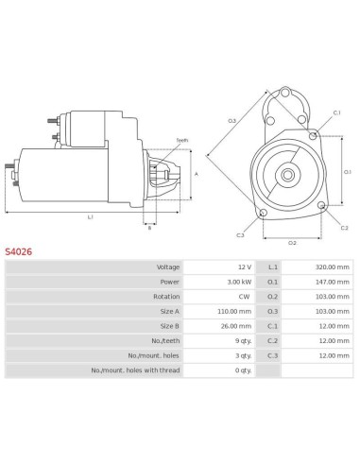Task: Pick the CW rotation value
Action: click(244, 295)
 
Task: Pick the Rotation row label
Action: click(165, 295)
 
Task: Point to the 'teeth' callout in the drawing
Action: click(181, 140)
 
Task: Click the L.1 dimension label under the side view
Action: click(91, 216)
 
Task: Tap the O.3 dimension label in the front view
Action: click(231, 120)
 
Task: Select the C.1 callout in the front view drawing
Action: click(336, 113)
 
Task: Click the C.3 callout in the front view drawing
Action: click(240, 234)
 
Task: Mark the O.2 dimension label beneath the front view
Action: click(292, 242)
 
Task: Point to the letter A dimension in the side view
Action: click(195, 175)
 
